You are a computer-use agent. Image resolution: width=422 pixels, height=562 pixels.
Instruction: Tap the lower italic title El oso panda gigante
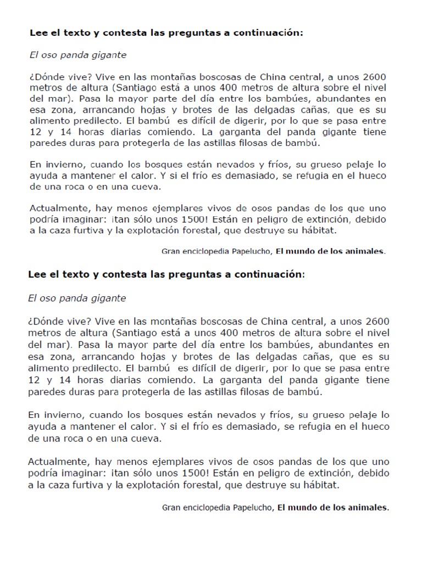click(77, 298)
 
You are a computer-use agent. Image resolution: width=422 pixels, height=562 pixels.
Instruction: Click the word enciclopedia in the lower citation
click(210, 508)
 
